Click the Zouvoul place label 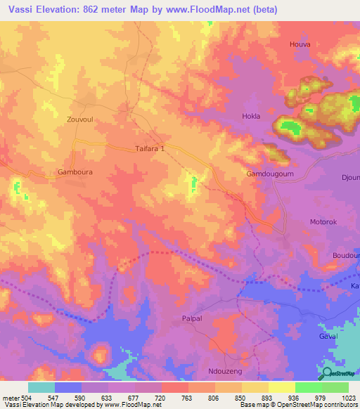79,119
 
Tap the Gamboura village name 75,171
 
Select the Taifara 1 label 150,149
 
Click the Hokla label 251,116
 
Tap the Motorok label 325,222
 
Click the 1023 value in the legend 349,397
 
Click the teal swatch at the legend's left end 41,387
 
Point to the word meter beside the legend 10,397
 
